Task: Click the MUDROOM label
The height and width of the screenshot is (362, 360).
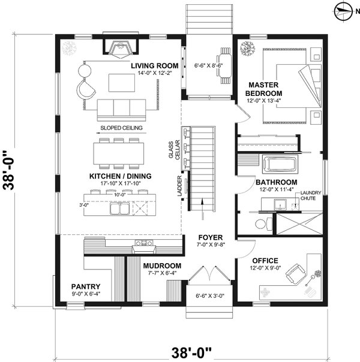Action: click(x=162, y=266)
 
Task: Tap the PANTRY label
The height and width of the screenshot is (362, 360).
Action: click(x=86, y=286)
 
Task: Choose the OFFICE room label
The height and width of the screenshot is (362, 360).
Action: click(x=265, y=261)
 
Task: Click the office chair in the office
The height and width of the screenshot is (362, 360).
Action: click(x=293, y=275)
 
